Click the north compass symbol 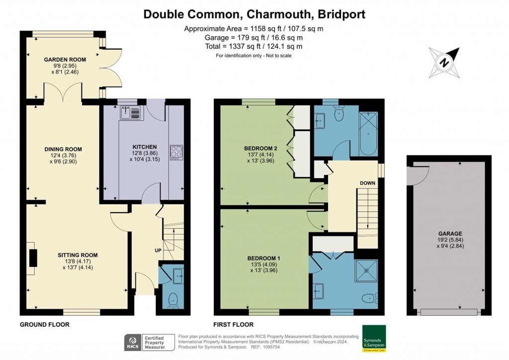coord(445,63)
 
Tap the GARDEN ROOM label coord(65,60)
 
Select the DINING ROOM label coord(63,149)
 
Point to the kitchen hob coord(176,151)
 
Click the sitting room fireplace coord(33,258)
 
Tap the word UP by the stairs coord(158,250)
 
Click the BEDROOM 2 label coord(260,148)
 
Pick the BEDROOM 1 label coord(264,258)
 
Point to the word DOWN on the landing coord(367,183)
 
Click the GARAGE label coord(450,234)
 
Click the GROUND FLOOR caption coord(44,325)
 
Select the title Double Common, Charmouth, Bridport coord(254,14)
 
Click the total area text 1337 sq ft coord(254,46)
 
